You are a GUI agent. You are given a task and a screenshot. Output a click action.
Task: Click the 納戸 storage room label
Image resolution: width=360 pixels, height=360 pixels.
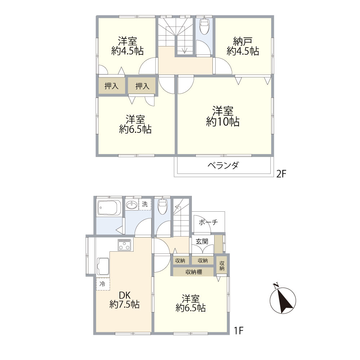click(243, 41)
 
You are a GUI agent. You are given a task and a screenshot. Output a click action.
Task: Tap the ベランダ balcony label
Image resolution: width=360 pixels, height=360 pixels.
click(223, 165)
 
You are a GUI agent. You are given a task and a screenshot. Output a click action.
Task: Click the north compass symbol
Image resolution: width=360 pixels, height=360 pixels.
click(283, 298)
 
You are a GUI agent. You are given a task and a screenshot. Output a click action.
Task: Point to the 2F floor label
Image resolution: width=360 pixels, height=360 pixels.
click(281, 174)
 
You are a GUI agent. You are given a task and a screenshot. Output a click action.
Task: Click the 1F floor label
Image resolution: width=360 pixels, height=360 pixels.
click(239, 330)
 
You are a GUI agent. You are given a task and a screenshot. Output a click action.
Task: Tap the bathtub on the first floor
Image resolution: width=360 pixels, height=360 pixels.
click(109, 208)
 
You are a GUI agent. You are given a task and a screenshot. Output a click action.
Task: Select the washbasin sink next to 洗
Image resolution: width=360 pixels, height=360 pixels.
click(132, 205)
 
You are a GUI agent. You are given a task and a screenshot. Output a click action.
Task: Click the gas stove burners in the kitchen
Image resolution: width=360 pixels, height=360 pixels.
click(125, 245)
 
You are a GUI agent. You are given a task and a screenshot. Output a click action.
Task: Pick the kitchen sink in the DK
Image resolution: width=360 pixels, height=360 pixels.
click(103, 266)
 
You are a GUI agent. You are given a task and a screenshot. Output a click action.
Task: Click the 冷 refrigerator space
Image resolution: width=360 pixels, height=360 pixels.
click(103, 284)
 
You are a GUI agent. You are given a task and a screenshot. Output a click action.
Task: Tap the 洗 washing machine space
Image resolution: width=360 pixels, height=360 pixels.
click(145, 204)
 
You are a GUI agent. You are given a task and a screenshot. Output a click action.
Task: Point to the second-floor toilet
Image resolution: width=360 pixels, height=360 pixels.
click(204, 26)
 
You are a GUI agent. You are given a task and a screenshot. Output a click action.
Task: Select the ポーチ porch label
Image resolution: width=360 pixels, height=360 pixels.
click(208, 222)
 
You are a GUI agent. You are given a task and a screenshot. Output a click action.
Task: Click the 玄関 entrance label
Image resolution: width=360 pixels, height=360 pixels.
click(202, 241)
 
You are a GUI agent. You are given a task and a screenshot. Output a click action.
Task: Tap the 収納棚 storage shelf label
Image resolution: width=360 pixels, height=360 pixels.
click(194, 272)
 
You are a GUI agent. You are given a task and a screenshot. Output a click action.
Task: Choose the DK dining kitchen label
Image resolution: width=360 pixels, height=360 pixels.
click(125, 295)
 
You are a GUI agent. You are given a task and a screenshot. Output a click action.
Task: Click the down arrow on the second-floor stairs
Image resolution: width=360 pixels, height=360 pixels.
click(185, 50)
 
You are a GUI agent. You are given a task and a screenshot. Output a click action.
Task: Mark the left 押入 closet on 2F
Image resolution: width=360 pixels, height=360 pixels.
click(111, 86)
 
